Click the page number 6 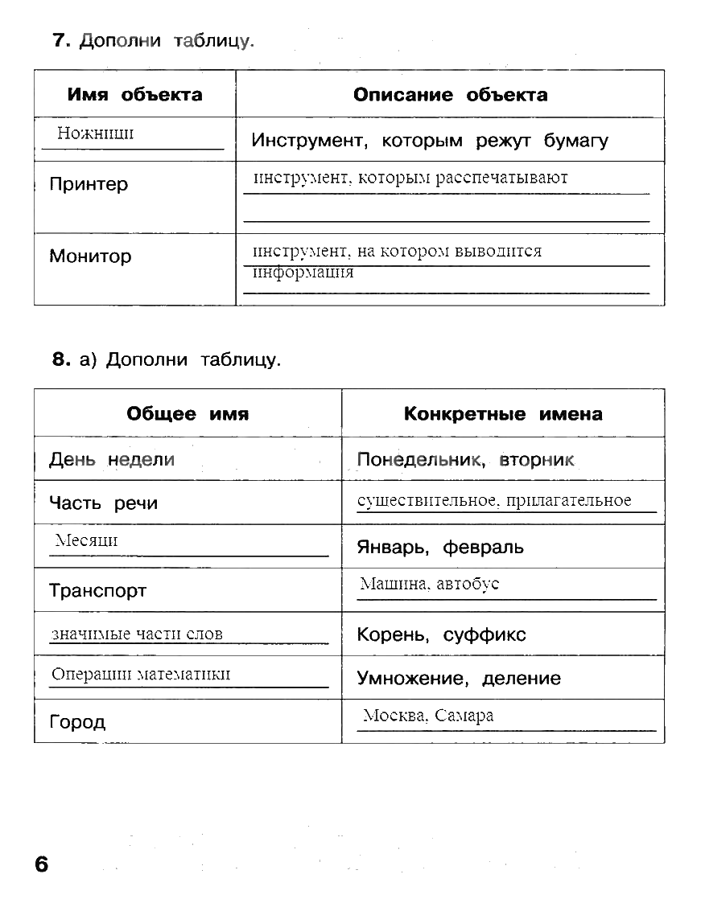pyautogui.click(x=41, y=865)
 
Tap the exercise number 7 pyautogui.click(x=63, y=41)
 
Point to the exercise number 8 pyautogui.click(x=62, y=360)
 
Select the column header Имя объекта pyautogui.click(x=134, y=95)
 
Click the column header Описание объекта pyautogui.click(x=450, y=95)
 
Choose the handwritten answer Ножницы pyautogui.click(x=95, y=133)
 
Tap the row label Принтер pyautogui.click(x=89, y=185)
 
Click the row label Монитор pyautogui.click(x=90, y=257)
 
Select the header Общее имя pyautogui.click(x=188, y=414)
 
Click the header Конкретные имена pyautogui.click(x=502, y=414)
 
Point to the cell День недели pyautogui.click(x=112, y=460)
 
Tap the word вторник pyautogui.click(x=537, y=460)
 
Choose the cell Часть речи pyautogui.click(x=103, y=503)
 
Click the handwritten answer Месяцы pyautogui.click(x=86, y=540)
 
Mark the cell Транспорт pyautogui.click(x=98, y=591)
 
